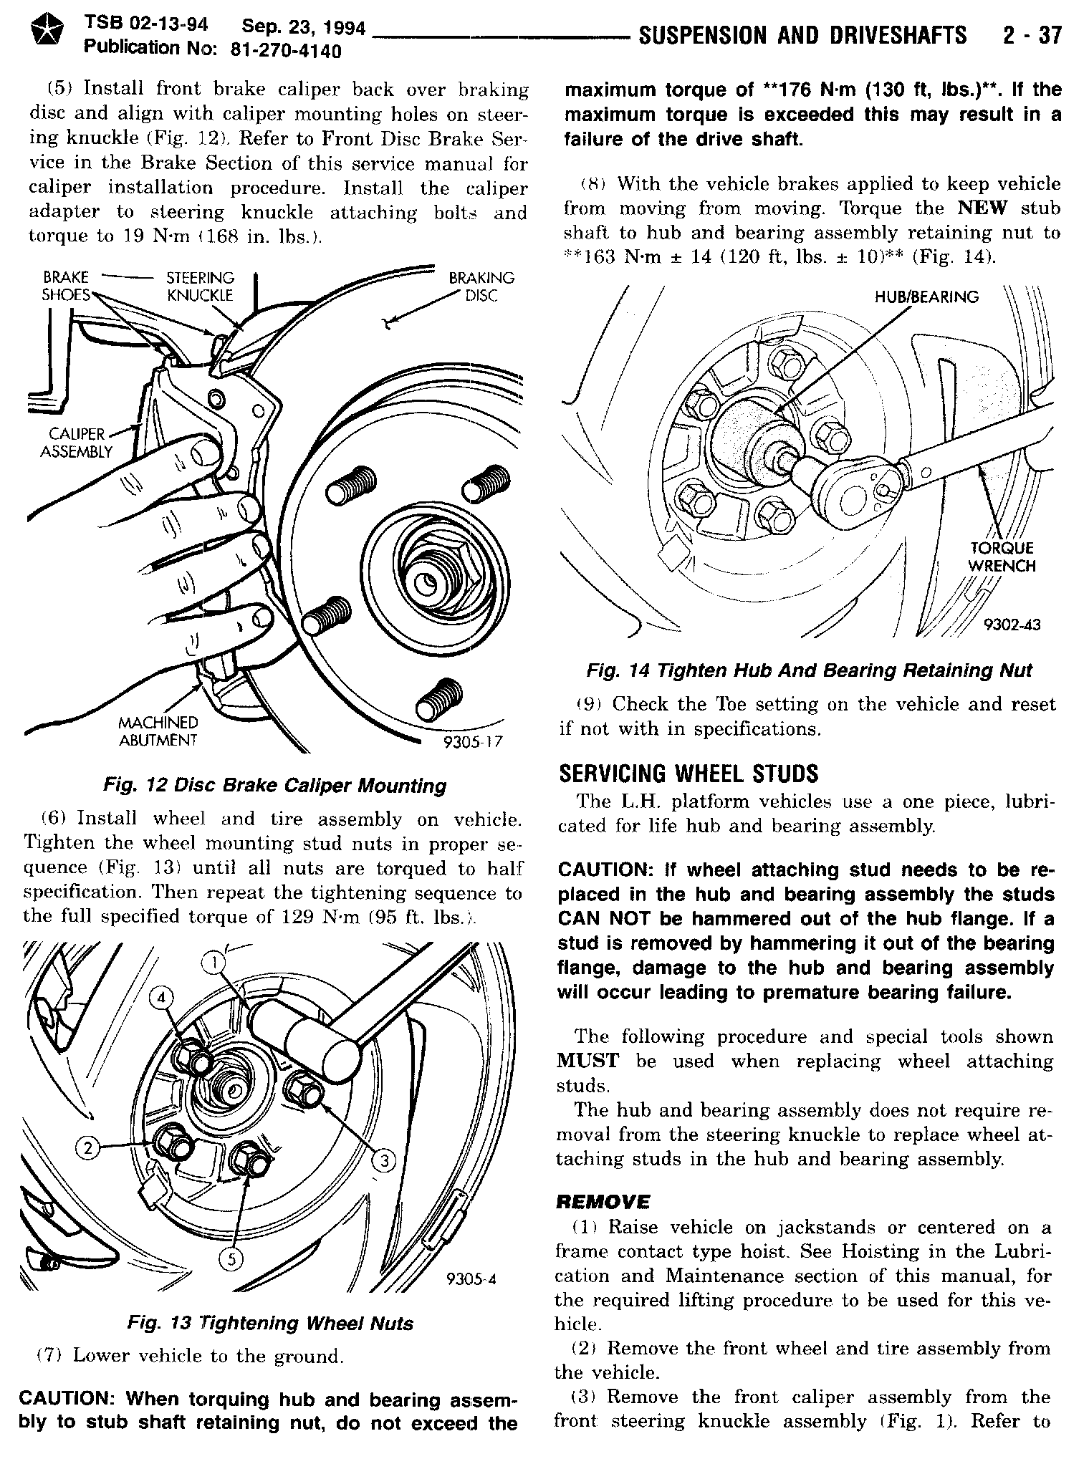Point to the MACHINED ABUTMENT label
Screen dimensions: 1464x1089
pos(158,731)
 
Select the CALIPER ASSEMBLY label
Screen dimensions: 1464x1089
pos(77,443)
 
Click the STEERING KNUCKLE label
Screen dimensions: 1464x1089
pos(200,286)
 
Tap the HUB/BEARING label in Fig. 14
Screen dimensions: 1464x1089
pos(926,297)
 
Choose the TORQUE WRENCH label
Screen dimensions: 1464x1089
pos(1002,557)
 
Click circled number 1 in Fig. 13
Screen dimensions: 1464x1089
pos(213,965)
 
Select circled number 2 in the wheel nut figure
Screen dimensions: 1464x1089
pos(88,1148)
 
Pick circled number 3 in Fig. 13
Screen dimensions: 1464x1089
pos(383,1161)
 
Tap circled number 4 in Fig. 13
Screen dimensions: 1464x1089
pos(163,998)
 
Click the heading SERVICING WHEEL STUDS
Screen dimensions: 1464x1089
pos(688,774)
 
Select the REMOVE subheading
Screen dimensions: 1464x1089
pos(603,1201)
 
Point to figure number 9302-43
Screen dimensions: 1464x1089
pos(1012,625)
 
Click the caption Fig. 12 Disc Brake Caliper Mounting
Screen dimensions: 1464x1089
pos(274,786)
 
